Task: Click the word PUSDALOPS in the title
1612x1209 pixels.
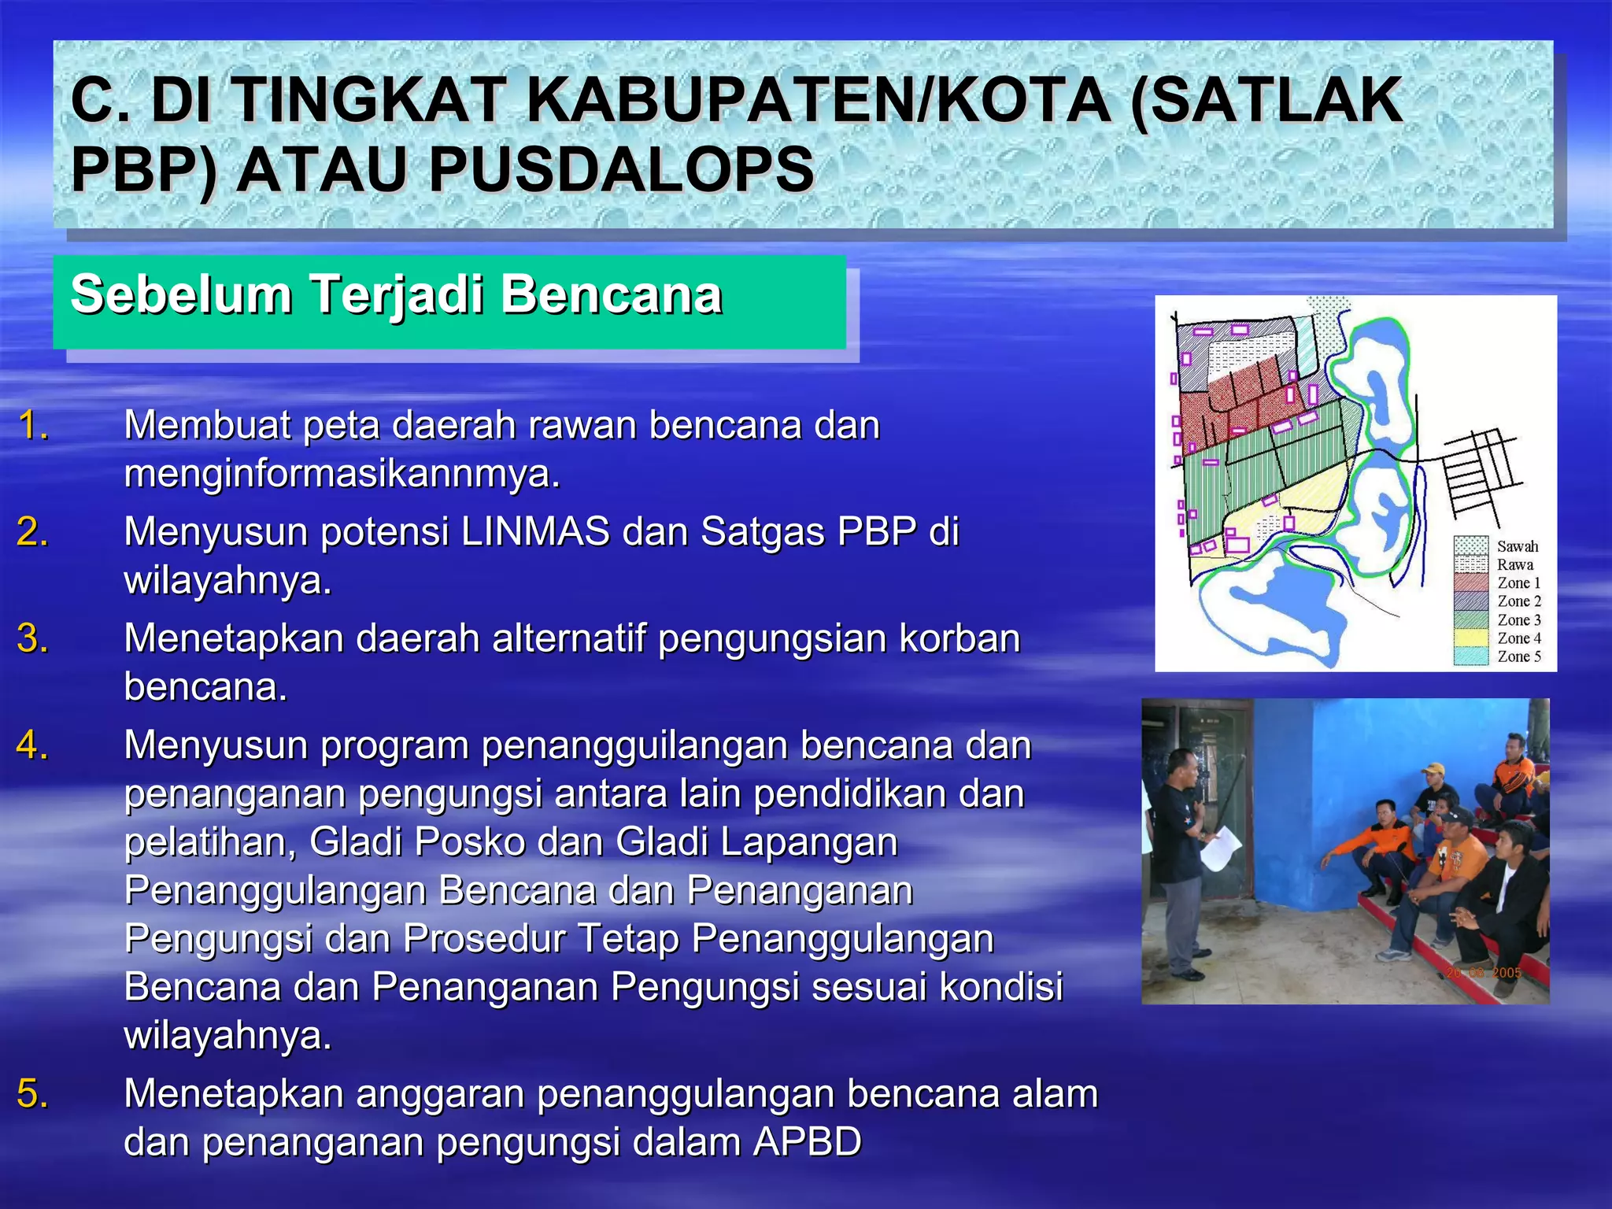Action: [x=620, y=170]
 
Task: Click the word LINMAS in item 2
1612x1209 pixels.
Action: [x=535, y=531]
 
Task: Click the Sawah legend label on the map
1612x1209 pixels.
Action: [x=1517, y=546]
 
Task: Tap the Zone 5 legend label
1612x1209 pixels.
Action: [x=1519, y=656]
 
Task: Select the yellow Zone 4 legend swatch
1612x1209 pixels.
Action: [x=1470, y=638]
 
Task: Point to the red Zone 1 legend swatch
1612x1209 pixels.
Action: [x=1470, y=583]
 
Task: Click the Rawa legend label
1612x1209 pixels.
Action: [x=1514, y=564]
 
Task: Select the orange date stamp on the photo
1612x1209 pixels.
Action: [x=1483, y=973]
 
